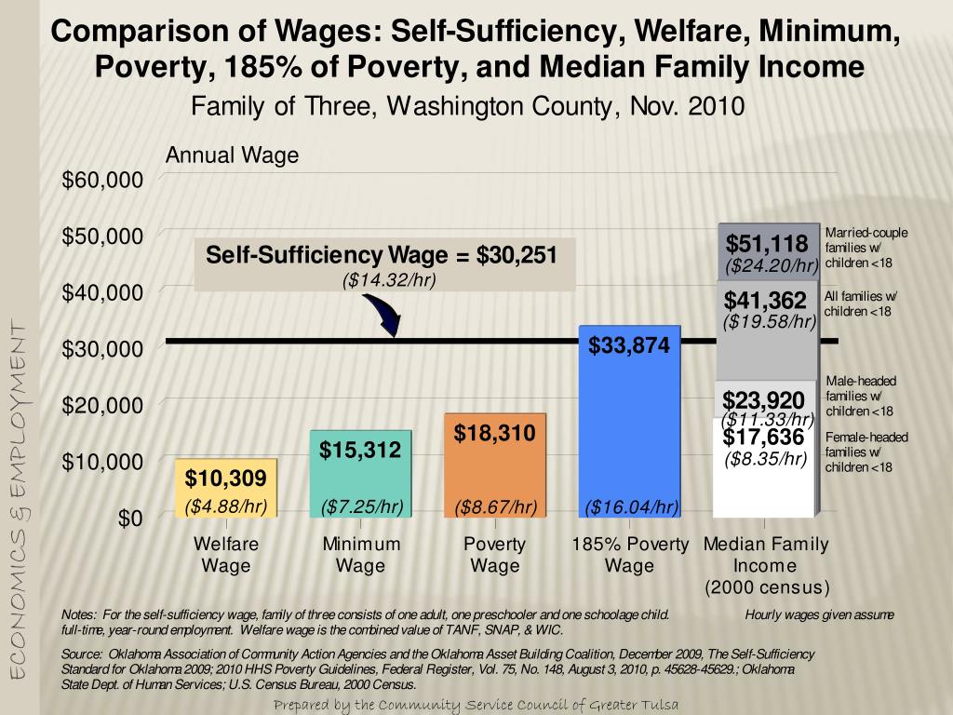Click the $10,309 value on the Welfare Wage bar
pos(225,479)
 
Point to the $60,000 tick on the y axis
pos(102,179)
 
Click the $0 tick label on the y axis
pos(130,518)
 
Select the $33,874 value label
pos(629,346)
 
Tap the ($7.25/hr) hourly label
pos(361,507)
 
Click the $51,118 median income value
pos(767,245)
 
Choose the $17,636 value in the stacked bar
pos(764,437)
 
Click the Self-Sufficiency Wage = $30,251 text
pos(381,254)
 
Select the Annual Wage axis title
pos(232,155)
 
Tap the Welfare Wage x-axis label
pos(226,555)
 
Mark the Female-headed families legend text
pos(866,452)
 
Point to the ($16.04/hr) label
pos(631,507)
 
